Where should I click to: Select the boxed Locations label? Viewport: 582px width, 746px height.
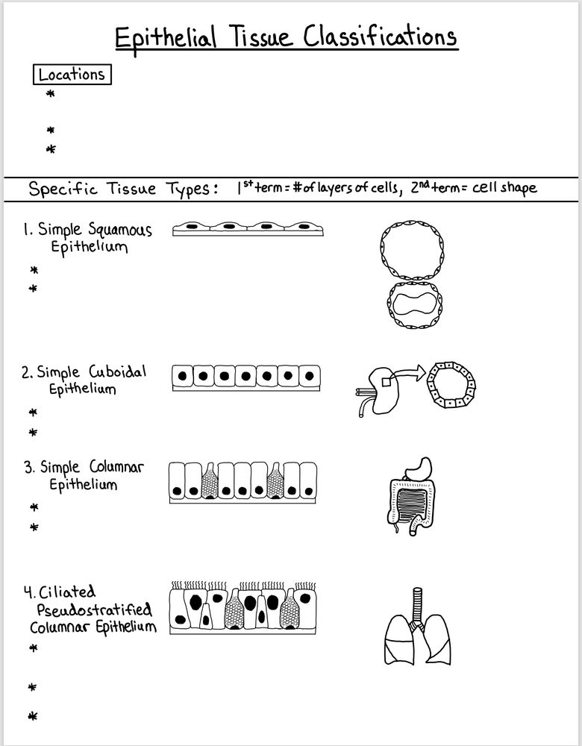[72, 75]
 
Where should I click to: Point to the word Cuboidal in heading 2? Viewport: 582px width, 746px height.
[118, 372]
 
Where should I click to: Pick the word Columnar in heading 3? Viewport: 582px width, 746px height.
[116, 468]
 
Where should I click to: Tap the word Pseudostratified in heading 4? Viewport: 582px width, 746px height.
[94, 609]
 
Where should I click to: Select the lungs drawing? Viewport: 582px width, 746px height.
[418, 638]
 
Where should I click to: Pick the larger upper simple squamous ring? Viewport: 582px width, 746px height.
[413, 249]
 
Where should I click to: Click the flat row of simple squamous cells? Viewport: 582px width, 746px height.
[248, 228]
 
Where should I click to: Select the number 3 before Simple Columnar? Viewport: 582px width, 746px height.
[28, 468]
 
